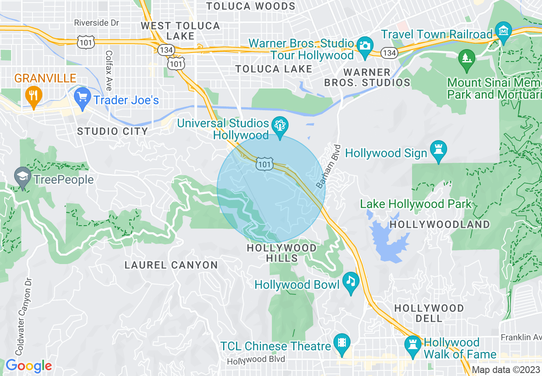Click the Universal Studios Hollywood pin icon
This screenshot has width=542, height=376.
click(280, 127)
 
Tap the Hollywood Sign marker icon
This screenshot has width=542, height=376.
click(439, 150)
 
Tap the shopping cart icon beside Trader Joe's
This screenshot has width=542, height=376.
click(82, 96)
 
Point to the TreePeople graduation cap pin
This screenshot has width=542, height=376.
click(22, 176)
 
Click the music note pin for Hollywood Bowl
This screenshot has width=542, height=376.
click(351, 282)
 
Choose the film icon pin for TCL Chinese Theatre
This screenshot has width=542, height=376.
click(342, 343)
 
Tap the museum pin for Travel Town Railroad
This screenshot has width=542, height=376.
click(504, 31)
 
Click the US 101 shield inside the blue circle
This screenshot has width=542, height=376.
click(264, 164)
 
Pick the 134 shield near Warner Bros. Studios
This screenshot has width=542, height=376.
click(390, 53)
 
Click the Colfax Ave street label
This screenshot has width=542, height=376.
click(109, 71)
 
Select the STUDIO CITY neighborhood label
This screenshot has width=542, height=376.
click(112, 132)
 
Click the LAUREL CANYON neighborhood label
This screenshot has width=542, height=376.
click(171, 265)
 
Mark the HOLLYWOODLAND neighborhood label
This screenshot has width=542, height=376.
click(440, 224)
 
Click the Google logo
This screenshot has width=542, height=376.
click(28, 366)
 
